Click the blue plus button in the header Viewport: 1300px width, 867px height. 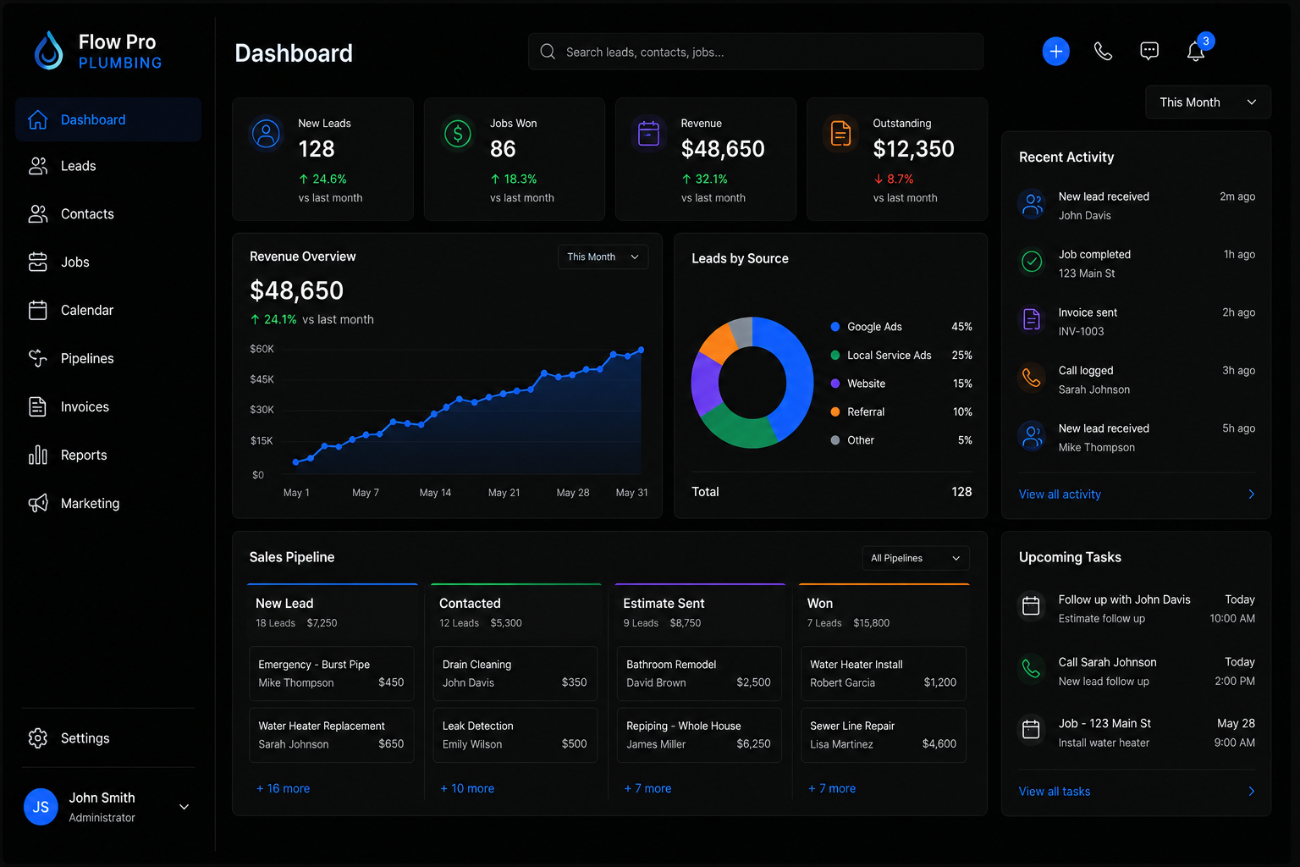(x=1055, y=51)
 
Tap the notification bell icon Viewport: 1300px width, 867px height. (x=1195, y=51)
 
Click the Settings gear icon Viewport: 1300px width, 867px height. (x=38, y=738)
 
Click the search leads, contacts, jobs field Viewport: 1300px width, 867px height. (x=756, y=52)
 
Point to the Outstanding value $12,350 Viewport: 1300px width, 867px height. (x=913, y=149)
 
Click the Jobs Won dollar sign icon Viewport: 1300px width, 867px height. (x=457, y=134)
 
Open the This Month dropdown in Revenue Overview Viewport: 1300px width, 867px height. (x=603, y=257)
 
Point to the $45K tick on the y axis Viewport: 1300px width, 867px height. (x=262, y=379)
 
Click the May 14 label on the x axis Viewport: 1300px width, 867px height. (x=435, y=493)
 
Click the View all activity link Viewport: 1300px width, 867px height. (x=1060, y=494)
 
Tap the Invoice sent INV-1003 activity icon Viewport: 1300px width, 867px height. (x=1032, y=319)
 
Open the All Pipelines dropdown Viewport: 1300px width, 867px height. (x=915, y=558)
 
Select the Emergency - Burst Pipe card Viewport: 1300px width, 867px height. (x=332, y=673)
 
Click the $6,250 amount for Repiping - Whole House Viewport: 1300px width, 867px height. (x=753, y=744)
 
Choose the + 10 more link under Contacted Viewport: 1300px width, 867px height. (x=467, y=788)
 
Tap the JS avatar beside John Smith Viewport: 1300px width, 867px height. (x=41, y=806)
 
